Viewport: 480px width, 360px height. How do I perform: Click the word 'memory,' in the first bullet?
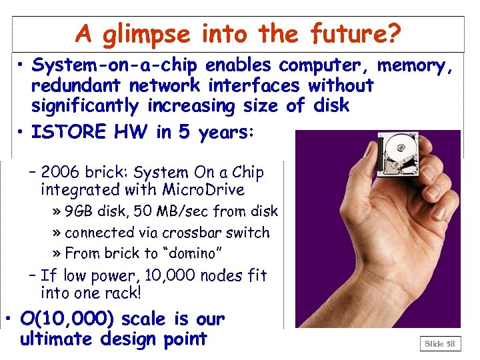(x=415, y=65)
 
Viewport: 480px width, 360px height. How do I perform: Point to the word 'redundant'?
(x=81, y=85)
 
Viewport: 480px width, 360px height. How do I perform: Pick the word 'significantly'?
(x=85, y=106)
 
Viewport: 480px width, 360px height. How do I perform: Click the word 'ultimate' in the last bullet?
(x=57, y=339)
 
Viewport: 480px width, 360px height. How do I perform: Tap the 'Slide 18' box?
(x=439, y=344)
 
